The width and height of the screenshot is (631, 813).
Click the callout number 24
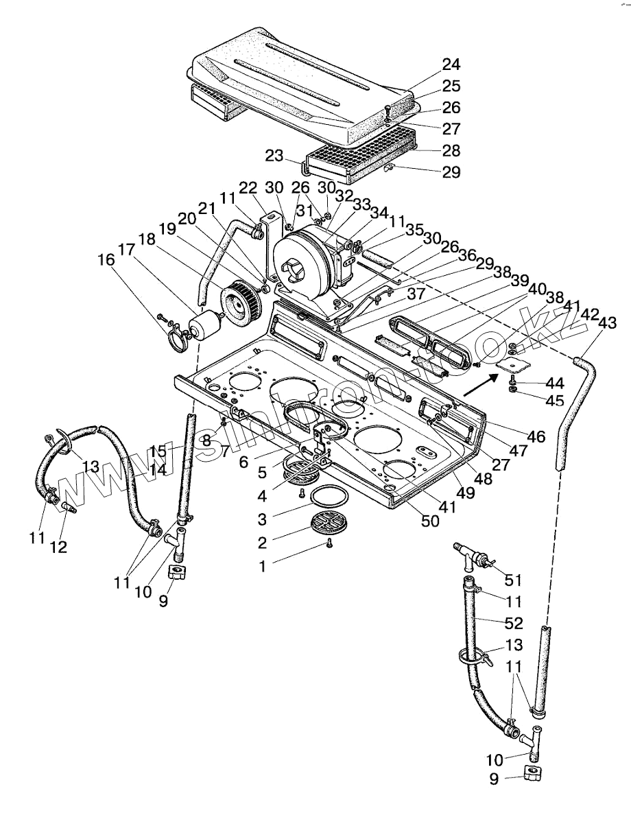451,64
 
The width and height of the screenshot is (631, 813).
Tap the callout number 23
275,156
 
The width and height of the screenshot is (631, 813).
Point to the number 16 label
106,260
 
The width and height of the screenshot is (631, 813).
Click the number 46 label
536,436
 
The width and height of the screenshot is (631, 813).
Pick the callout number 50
430,521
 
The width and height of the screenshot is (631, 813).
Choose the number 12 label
58,547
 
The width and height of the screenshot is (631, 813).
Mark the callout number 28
451,150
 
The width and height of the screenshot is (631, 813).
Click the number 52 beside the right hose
513,623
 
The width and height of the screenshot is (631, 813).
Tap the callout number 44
554,384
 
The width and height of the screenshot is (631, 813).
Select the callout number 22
248,188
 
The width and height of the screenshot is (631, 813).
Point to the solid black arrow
477,386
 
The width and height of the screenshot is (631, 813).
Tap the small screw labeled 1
329,543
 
